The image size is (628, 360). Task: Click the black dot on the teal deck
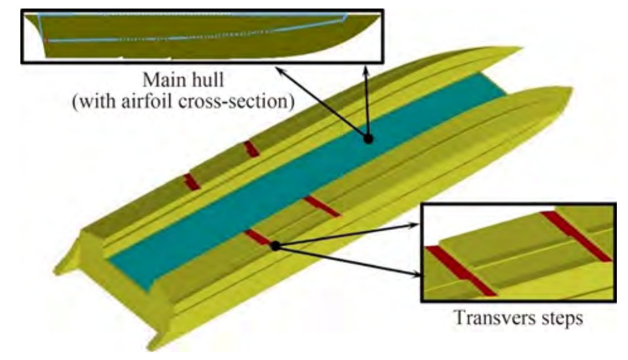point(369,139)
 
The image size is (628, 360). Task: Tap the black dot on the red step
point(276,246)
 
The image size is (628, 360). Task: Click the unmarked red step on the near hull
point(322,206)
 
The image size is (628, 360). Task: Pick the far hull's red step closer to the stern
point(192,181)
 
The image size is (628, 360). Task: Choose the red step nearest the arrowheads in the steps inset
point(459,269)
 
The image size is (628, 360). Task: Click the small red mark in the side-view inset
point(47,40)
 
